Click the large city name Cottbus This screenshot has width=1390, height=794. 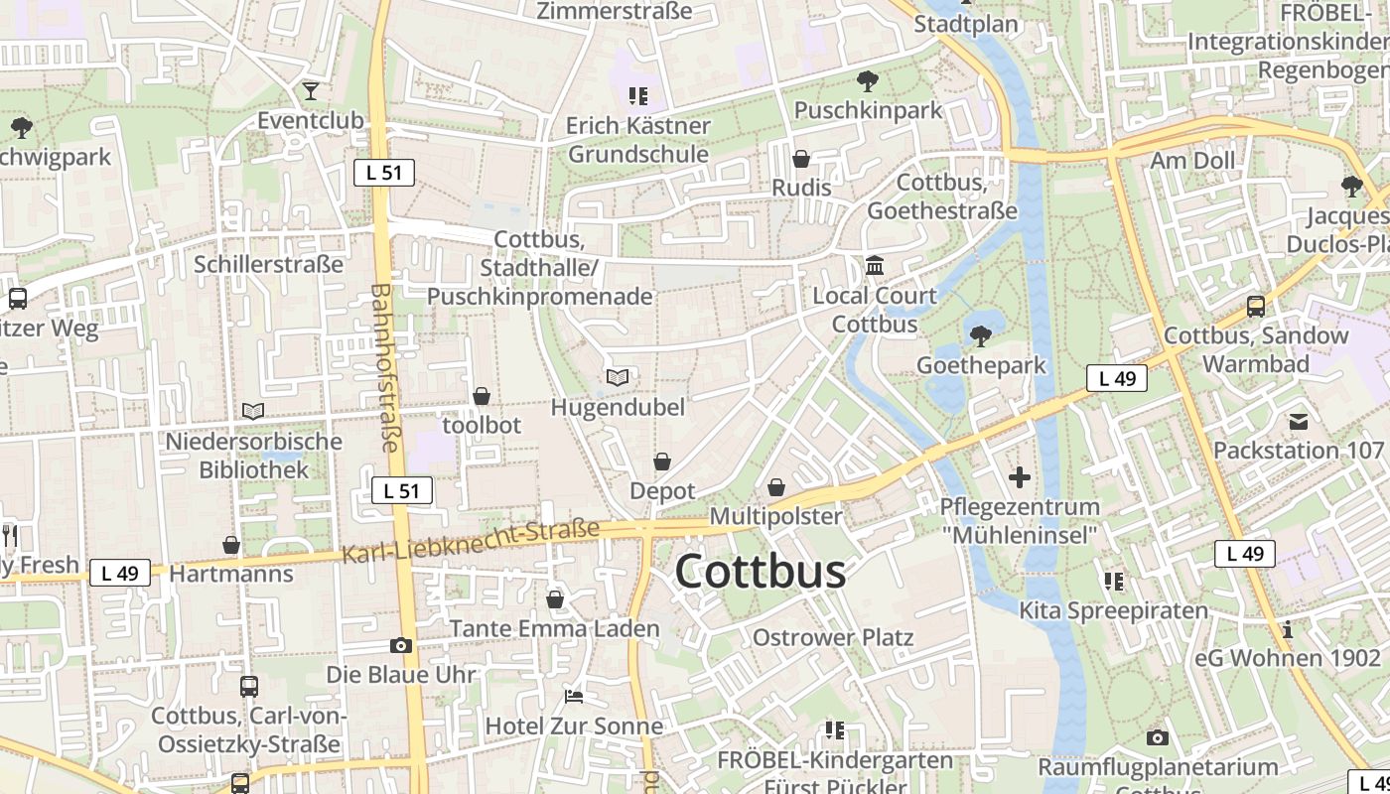point(761,572)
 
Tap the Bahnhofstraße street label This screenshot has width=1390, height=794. point(383,367)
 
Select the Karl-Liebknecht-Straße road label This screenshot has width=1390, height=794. point(472,542)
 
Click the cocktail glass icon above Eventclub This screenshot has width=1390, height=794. point(311,91)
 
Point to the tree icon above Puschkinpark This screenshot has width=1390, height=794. point(868,80)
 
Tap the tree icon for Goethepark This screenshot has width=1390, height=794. point(981,335)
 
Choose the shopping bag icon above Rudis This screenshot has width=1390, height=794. point(801,159)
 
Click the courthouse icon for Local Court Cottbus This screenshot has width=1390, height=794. point(875,266)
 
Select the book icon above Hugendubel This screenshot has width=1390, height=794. point(618,377)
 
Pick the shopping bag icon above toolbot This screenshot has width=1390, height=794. point(482,396)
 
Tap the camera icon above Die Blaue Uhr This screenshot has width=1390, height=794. point(401,645)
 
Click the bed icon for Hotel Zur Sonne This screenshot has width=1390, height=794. point(574,696)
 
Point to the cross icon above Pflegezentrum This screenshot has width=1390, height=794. point(1020,477)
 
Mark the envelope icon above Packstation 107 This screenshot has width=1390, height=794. point(1299,422)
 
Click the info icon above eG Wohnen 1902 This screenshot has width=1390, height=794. point(1288,629)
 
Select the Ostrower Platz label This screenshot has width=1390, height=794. point(833,637)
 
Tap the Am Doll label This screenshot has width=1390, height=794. point(1192,161)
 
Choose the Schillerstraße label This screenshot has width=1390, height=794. point(269,264)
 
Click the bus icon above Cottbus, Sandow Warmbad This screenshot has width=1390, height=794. point(1256,307)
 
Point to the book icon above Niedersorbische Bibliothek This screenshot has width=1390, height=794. point(254,411)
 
